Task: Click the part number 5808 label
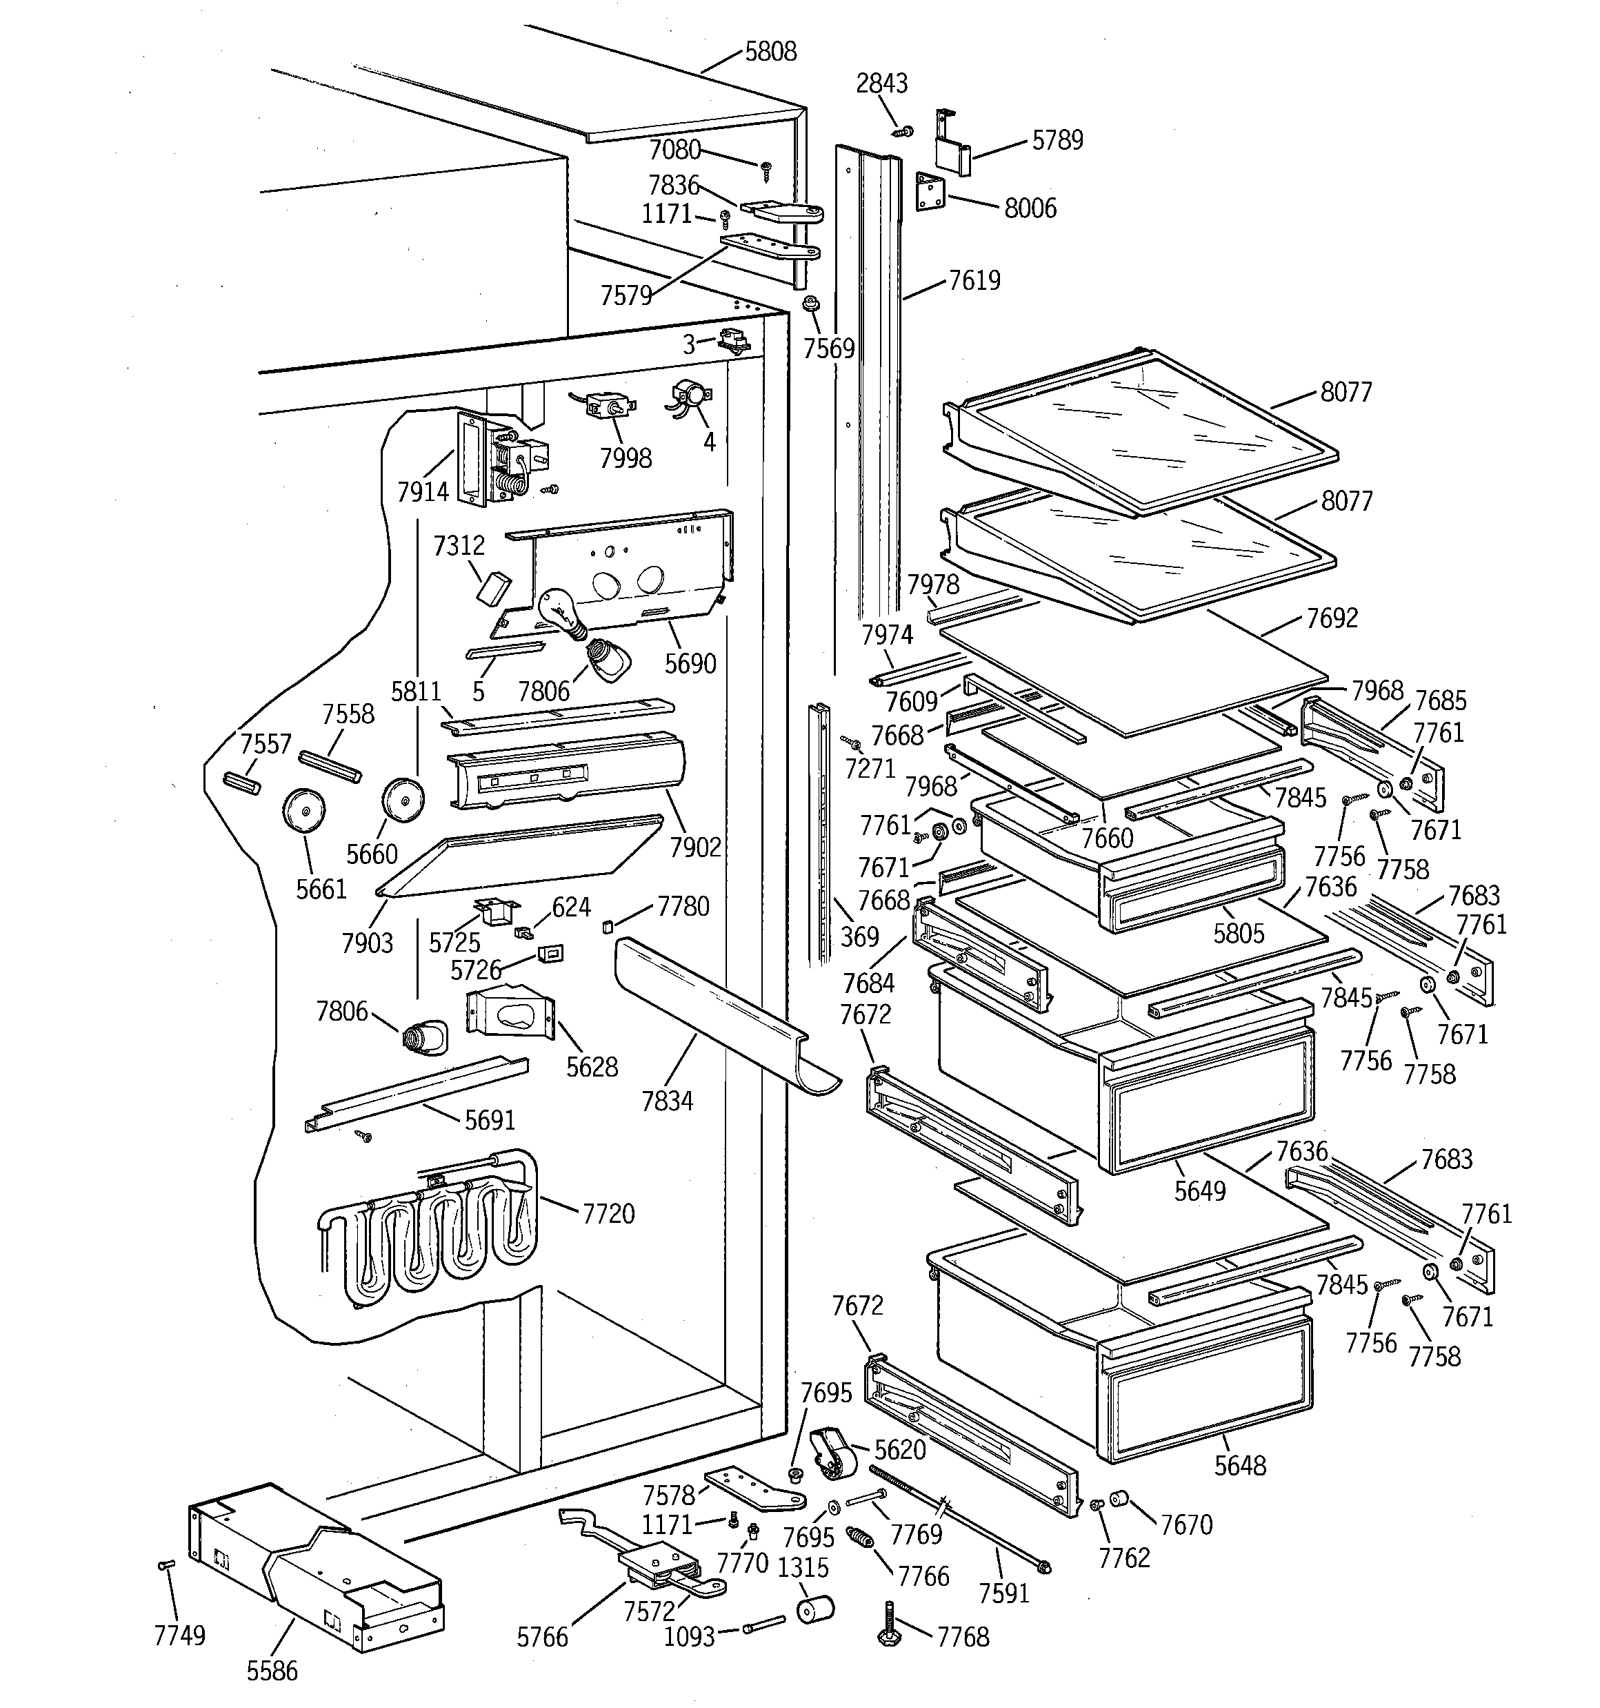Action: pyautogui.click(x=770, y=52)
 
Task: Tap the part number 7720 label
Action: pyautogui.click(x=608, y=1214)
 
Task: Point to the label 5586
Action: pyautogui.click(x=272, y=1671)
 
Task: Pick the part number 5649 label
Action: pyautogui.click(x=1200, y=1191)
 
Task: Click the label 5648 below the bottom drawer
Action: pyautogui.click(x=1239, y=1466)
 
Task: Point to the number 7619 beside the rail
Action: pyautogui.click(x=974, y=281)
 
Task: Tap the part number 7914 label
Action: pyautogui.click(x=423, y=492)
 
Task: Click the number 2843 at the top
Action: pyautogui.click(x=881, y=84)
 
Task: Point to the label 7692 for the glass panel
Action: pyautogui.click(x=1331, y=618)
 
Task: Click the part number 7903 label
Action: pyautogui.click(x=367, y=943)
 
